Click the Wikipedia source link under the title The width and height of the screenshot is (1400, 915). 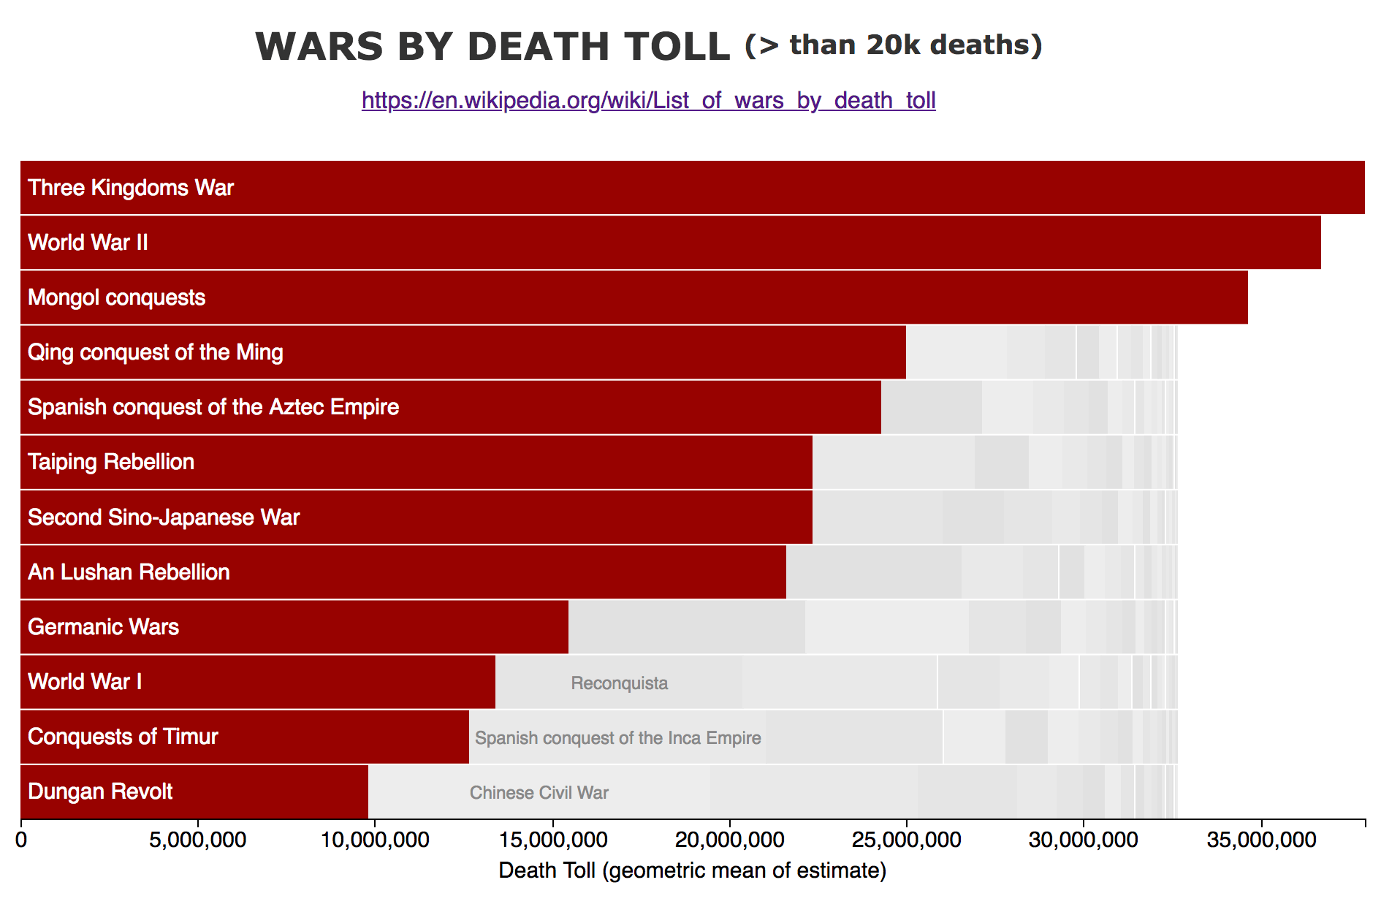tap(648, 100)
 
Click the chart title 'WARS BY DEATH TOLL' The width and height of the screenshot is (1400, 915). tap(492, 47)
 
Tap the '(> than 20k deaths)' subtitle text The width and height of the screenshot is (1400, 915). tap(893, 45)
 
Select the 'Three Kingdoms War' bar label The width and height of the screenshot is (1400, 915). tap(131, 188)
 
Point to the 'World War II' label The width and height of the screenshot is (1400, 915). tap(88, 243)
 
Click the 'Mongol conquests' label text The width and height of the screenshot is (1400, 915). tap(116, 297)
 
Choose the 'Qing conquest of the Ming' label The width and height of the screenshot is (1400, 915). tap(155, 352)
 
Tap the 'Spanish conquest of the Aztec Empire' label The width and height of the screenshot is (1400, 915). tap(213, 407)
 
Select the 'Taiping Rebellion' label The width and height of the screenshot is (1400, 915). tap(111, 462)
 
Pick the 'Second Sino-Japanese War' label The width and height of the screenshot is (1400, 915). tap(164, 517)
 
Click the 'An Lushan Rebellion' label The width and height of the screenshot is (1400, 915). tap(129, 572)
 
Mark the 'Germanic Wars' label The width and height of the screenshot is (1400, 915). tap(103, 627)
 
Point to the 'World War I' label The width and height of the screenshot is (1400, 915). tap(85, 682)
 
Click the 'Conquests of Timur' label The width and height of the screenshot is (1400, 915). tap(123, 737)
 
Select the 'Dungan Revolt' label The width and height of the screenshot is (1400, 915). tap(100, 791)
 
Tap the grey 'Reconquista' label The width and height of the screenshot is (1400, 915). tap(619, 683)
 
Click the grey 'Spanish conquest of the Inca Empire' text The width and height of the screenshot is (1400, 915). tap(617, 738)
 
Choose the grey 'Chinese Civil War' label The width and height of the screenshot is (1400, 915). tap(539, 793)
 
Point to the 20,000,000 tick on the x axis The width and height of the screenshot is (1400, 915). tap(730, 840)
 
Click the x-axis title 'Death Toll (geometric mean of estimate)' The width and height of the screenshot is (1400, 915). tap(692, 870)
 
